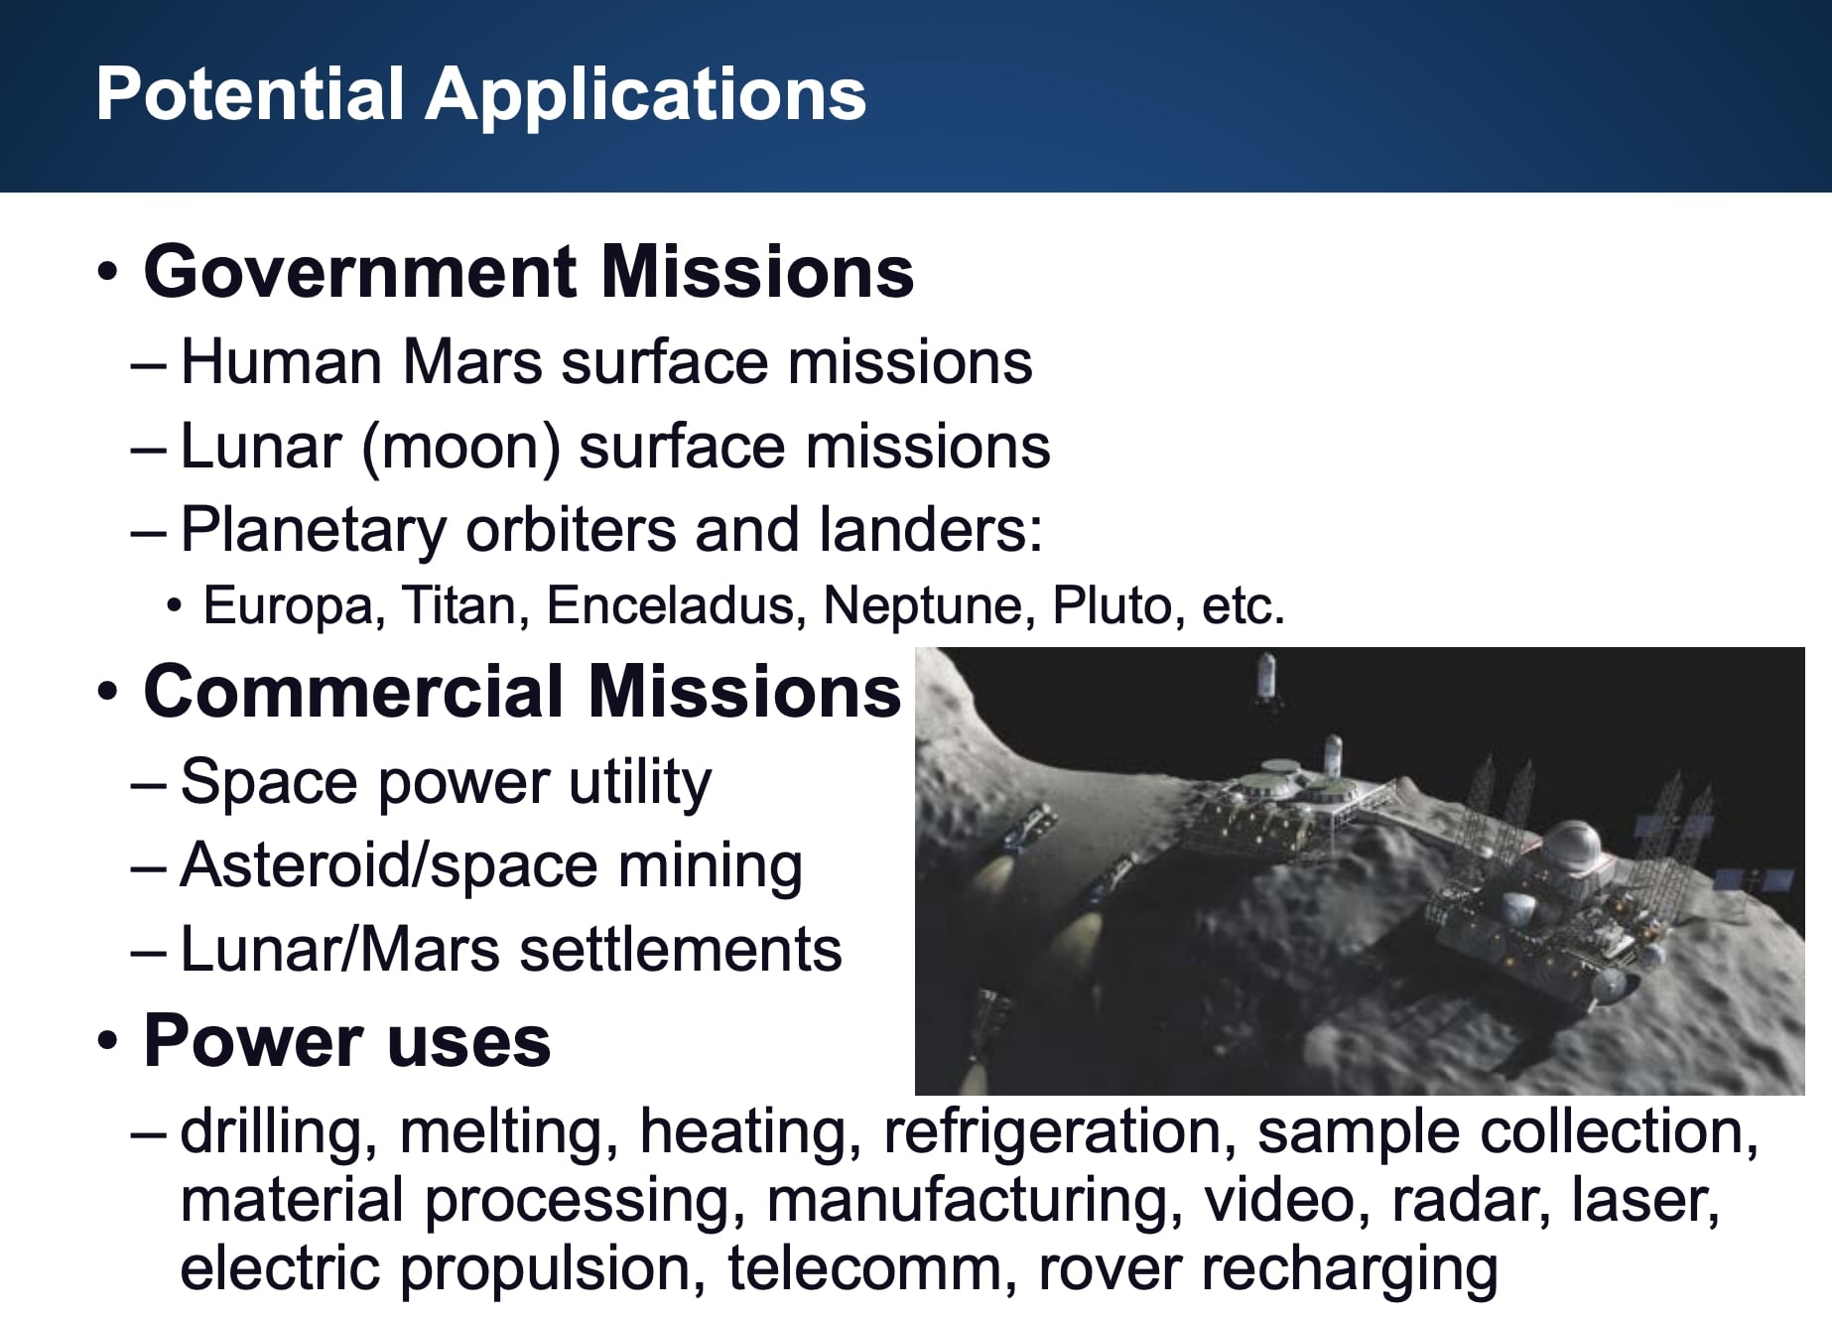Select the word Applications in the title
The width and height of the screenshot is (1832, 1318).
646,96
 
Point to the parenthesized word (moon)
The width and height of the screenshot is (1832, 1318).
461,447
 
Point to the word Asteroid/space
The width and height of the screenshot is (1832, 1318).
390,866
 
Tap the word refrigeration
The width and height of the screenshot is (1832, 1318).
1059,1131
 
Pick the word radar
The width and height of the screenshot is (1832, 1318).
1472,1200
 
